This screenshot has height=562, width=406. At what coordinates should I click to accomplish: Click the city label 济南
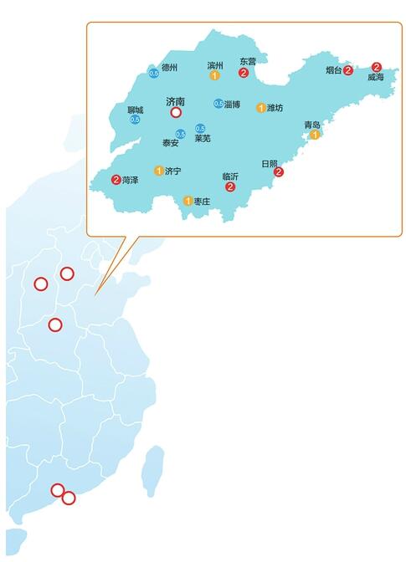176,100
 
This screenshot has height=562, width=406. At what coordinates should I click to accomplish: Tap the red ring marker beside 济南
176,112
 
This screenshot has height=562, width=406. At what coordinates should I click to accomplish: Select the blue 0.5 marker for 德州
153,74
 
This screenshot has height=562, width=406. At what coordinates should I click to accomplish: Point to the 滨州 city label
215,64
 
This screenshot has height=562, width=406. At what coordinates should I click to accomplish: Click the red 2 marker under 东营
243,73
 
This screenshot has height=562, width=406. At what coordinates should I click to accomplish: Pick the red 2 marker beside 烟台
348,71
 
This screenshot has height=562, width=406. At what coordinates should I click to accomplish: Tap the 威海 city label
375,77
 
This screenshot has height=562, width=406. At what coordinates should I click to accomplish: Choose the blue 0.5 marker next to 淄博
218,104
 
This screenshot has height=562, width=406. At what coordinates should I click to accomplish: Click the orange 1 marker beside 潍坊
261,107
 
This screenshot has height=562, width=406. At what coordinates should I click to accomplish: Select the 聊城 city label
135,110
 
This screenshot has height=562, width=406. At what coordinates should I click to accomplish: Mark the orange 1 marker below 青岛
315,135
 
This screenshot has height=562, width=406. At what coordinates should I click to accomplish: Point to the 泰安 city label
170,143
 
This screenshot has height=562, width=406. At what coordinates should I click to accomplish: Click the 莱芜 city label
203,138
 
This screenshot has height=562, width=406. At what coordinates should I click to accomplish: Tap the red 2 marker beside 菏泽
116,179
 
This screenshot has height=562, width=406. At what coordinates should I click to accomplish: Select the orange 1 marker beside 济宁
158,171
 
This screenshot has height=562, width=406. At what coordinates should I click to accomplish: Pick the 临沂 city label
230,176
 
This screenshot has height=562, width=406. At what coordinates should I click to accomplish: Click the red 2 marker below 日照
279,171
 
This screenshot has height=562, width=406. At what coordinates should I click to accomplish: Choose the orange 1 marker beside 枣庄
188,201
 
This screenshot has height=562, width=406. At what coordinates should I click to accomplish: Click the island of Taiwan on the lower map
152,469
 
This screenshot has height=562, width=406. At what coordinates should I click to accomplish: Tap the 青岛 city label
312,125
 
